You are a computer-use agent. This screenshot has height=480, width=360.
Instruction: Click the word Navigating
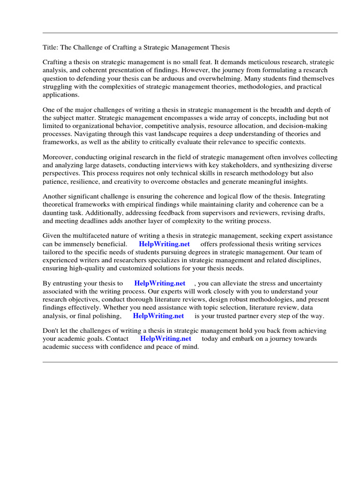pyautogui.click(x=75, y=134)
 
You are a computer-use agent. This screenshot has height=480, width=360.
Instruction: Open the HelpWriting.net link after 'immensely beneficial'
pyautogui.click(x=164, y=244)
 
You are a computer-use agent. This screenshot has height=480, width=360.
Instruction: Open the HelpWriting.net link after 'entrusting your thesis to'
pyautogui.click(x=159, y=284)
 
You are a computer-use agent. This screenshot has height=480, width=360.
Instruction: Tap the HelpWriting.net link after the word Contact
pyautogui.click(x=165, y=338)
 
